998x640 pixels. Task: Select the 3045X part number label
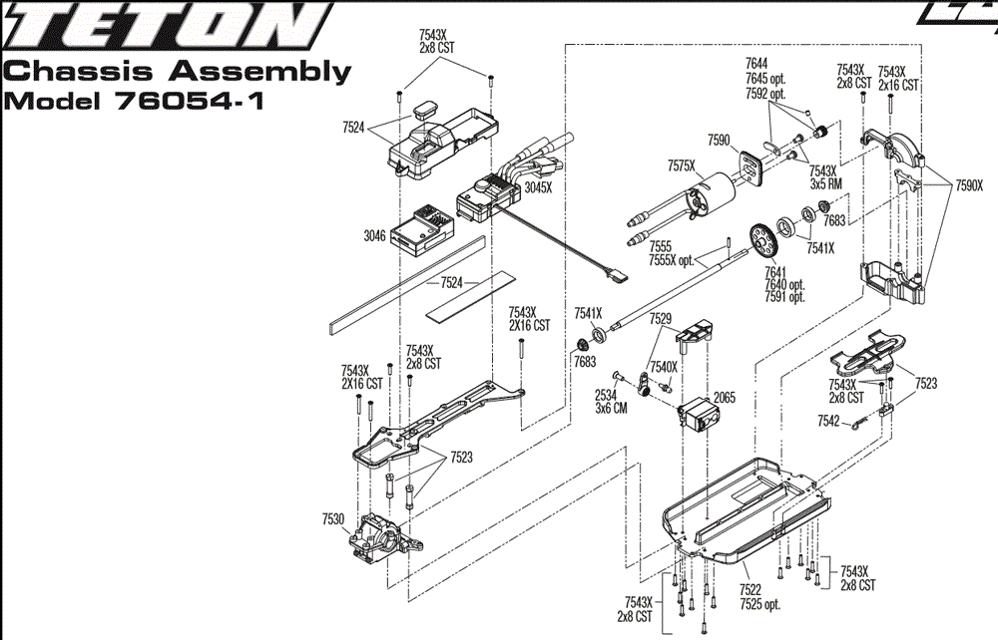pos(539,186)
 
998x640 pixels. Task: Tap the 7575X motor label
pos(682,165)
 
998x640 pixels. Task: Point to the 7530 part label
pos(333,519)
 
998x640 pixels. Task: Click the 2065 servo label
pos(725,397)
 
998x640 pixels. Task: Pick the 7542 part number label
pos(828,421)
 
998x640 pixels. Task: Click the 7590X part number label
pos(969,185)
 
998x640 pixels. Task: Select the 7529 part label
pos(661,319)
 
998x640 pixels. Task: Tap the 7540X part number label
pos(664,367)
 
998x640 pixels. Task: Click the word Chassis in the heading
pos(64,72)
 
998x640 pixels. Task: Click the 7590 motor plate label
pos(720,140)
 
